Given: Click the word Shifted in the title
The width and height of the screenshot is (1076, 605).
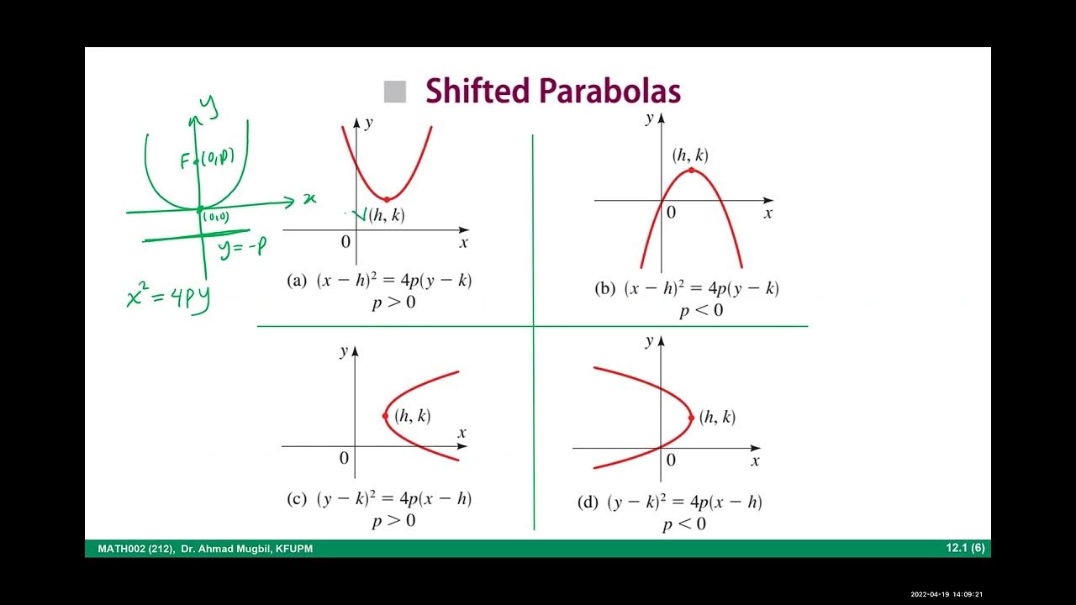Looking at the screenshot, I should pos(477,91).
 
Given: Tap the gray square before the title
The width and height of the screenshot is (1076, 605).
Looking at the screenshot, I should pos(394,92).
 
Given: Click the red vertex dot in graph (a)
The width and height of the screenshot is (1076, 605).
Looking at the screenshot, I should pos(386,200).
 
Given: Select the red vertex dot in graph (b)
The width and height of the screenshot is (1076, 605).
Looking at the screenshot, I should pos(691,171).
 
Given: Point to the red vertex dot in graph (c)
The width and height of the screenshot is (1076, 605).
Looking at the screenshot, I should pos(385,416).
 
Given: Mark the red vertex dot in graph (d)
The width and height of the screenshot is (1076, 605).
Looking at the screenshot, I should pos(691,418).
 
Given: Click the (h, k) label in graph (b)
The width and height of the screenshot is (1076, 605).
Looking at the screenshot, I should pos(690,155).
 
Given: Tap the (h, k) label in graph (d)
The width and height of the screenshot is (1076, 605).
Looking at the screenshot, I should pos(717,417).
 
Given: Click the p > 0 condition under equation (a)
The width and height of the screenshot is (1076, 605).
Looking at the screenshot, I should pos(393,302).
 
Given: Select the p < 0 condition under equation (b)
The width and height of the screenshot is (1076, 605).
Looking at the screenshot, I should pos(701,311).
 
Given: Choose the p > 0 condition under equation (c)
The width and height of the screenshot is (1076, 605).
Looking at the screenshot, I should pos(393,521).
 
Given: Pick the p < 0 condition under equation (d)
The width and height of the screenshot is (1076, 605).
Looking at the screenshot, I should pos(684,525).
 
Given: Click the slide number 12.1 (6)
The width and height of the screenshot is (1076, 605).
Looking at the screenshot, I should pos(965,549).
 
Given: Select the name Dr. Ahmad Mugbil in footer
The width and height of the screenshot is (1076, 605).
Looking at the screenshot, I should pos(232,550).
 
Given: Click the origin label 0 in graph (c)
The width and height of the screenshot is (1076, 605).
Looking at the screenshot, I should pos(344,458).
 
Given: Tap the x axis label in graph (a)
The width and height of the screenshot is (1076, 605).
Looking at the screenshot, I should pos(463,243).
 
